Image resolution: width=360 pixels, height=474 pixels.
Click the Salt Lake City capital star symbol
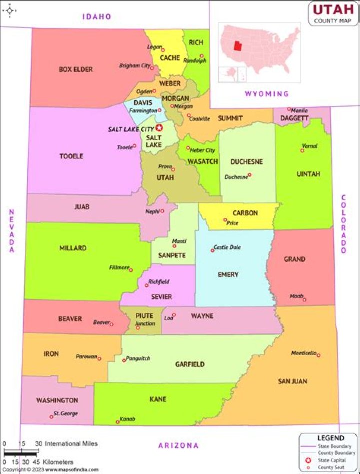[159, 128]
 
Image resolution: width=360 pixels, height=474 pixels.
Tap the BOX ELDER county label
[76, 69]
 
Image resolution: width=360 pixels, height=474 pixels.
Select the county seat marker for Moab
[304, 300]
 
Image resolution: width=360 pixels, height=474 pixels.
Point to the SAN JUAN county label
[292, 381]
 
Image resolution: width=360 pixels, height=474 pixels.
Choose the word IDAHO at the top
[97, 17]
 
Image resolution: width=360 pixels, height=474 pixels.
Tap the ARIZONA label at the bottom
[178, 445]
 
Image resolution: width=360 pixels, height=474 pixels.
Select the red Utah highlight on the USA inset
[238, 46]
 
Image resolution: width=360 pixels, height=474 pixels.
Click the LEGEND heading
[330, 438]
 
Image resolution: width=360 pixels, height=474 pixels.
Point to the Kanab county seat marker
[118, 422]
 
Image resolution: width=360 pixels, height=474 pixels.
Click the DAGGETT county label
[294, 118]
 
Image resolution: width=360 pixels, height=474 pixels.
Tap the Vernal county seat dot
[302, 150]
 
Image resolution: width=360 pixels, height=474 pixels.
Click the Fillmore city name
[119, 267]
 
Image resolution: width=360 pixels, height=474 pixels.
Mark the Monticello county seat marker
[319, 355]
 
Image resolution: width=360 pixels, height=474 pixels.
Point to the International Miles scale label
[71, 444]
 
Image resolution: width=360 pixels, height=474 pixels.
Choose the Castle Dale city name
[227, 247]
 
